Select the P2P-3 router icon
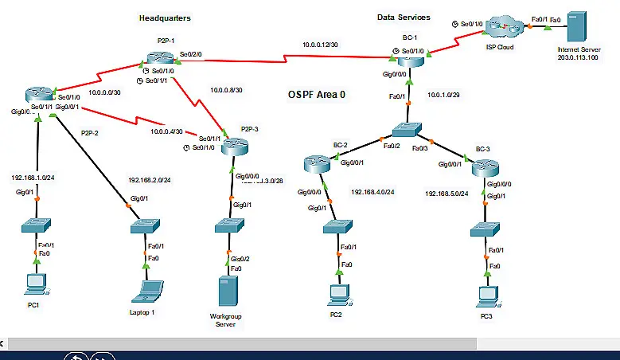tap(236, 146)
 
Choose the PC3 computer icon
tap(485, 295)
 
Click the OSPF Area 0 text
tap(317, 94)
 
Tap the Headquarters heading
tap(165, 18)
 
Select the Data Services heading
tap(404, 17)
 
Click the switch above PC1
tap(34, 226)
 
